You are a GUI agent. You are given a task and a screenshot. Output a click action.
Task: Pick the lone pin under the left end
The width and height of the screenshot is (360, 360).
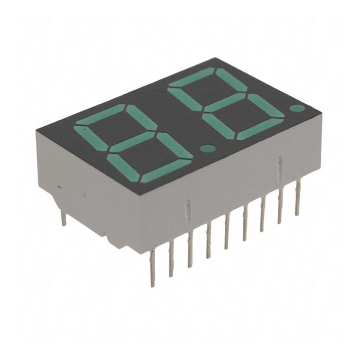[x=64, y=218]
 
